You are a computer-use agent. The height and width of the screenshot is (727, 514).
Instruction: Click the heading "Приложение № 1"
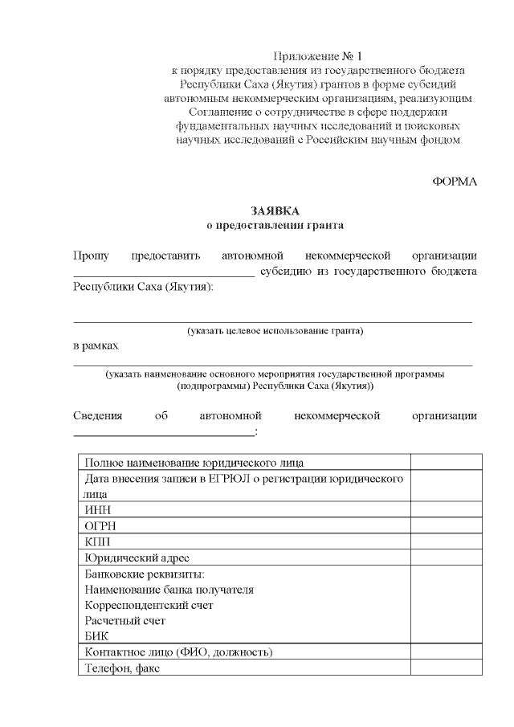click(x=318, y=56)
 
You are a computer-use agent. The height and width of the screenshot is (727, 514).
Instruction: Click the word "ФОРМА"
click(x=455, y=182)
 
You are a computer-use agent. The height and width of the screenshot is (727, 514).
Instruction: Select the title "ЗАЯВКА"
click(x=275, y=211)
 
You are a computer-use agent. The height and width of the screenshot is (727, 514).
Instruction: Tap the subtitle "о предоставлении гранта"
click(x=275, y=226)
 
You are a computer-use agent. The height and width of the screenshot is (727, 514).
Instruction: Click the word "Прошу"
click(x=91, y=255)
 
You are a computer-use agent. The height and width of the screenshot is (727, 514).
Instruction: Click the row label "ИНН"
click(x=97, y=509)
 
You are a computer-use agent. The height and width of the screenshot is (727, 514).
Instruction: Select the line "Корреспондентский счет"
click(x=149, y=604)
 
